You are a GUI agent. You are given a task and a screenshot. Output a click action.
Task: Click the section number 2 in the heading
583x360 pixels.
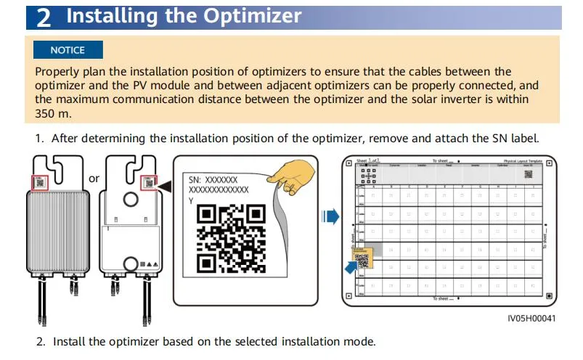pos(44,17)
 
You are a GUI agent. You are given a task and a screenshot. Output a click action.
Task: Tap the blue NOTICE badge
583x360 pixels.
pos(68,50)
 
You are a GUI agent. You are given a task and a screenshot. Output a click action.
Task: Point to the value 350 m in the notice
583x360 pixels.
pos(51,113)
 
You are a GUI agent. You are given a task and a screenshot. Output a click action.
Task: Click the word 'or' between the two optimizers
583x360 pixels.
pos(94,178)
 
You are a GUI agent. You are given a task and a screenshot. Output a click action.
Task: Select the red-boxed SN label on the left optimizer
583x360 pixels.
pos(39,182)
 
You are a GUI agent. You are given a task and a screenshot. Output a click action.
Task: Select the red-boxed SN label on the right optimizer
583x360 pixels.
pos(150,182)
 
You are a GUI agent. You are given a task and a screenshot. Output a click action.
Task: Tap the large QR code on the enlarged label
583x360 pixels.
pos(230,238)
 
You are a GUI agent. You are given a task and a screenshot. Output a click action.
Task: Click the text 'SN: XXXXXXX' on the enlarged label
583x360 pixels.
pos(213,179)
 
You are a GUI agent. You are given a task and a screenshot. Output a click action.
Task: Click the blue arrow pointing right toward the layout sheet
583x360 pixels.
pos(331,216)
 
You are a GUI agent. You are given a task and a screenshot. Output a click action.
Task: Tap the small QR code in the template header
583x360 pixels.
pos(529,174)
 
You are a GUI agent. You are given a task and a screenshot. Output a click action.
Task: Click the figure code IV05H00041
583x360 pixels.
pos(531,318)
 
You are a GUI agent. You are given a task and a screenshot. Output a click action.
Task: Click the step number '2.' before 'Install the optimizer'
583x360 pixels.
pos(41,341)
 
